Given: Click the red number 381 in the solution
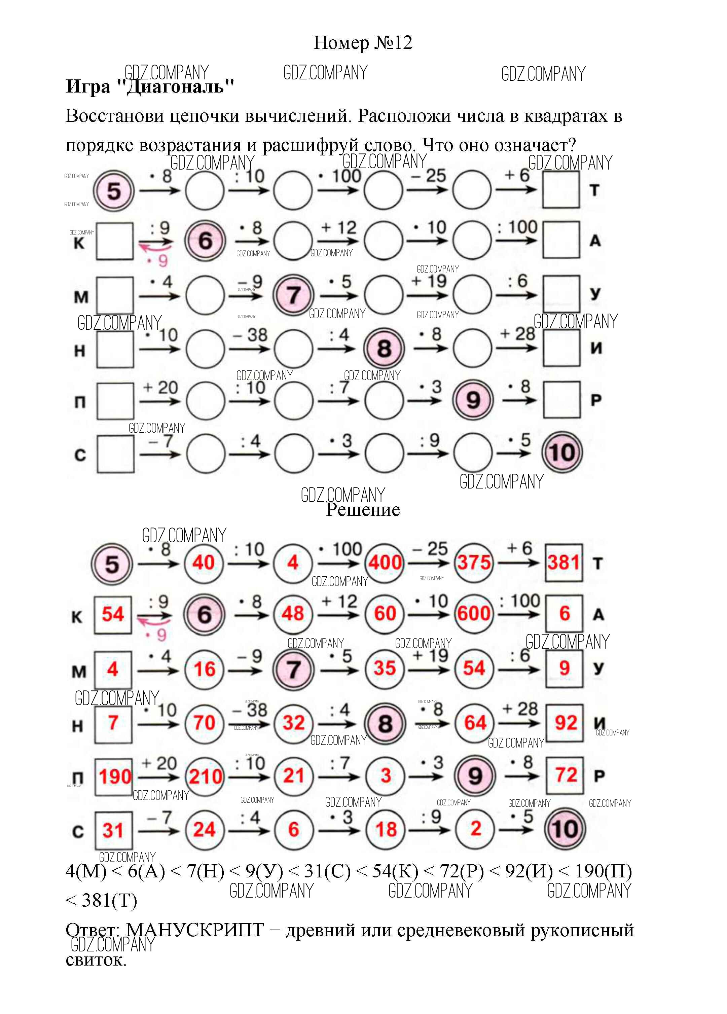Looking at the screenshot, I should click(x=564, y=563).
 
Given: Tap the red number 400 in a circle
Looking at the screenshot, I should click(x=385, y=563).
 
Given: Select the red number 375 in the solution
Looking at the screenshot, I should click(x=473, y=563).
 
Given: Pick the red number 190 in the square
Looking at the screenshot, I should click(x=114, y=776).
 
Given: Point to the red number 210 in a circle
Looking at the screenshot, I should click(x=205, y=776).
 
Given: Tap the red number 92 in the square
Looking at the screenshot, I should click(x=565, y=723).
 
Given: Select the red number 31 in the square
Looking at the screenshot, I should click(x=113, y=830).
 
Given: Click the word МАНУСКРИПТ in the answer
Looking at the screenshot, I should click(x=195, y=930).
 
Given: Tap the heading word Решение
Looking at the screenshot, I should click(x=363, y=509).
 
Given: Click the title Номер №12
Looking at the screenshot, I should click(x=363, y=43).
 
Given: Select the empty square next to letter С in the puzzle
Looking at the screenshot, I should click(x=115, y=454).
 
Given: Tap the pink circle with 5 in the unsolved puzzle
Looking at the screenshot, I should click(x=114, y=191).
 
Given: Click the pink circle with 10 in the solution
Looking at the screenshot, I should click(x=564, y=829).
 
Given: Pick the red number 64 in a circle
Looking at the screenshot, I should click(x=474, y=723).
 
